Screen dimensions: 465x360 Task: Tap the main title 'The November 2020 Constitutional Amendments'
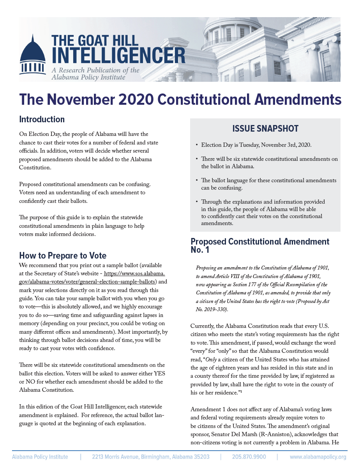tap(180, 100)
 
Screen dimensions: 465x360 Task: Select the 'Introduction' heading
tap(42, 119)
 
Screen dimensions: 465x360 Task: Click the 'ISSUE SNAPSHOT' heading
tap(265, 129)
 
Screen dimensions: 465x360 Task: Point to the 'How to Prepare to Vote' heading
tap(63, 255)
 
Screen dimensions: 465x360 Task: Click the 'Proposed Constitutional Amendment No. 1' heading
tap(260, 245)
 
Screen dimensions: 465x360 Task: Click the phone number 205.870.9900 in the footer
tap(249, 457)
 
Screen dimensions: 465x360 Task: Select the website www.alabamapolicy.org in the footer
tap(318, 457)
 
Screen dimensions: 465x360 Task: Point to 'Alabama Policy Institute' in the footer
tap(40, 457)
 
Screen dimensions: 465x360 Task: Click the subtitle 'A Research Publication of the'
tap(95, 70)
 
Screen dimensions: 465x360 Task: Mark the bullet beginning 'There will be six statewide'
tap(269, 162)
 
